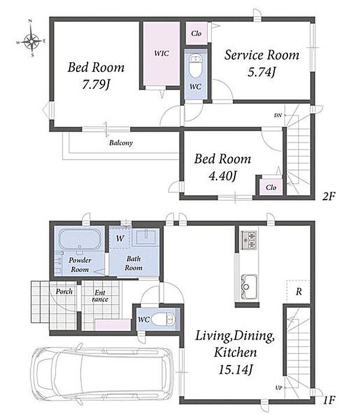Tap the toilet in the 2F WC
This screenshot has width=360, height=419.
195,66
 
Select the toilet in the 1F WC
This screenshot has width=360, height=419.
163,319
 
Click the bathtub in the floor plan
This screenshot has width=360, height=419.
80,239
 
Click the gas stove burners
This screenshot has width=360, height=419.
249,240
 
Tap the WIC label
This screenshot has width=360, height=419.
161,53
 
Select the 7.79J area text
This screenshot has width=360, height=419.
96,85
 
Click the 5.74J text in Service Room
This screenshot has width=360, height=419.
261,71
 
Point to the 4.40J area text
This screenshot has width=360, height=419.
222,176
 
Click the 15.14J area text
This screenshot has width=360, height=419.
236,370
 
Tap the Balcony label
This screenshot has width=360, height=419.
121,143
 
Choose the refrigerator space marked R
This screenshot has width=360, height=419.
298,291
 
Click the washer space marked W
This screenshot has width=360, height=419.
120,238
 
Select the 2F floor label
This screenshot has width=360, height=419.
329,196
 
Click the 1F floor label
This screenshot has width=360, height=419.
329,400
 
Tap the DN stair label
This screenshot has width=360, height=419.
278,115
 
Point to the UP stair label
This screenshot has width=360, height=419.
279,388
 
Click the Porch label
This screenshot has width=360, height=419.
64,291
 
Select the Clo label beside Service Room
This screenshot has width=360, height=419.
196,34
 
